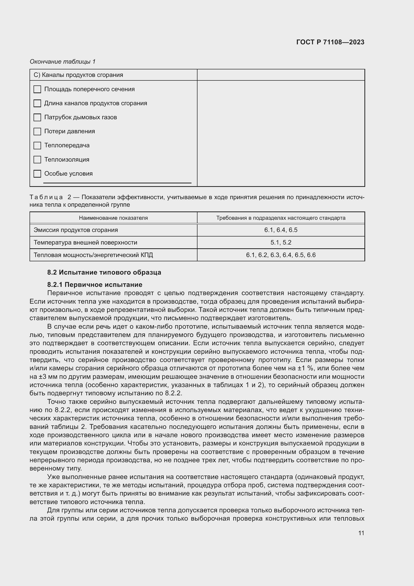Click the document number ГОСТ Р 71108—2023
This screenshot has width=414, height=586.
tap(330, 42)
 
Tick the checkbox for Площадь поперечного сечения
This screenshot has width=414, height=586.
tap(37, 89)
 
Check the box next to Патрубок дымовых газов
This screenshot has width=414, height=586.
tap(37, 118)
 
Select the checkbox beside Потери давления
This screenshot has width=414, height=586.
tap(37, 132)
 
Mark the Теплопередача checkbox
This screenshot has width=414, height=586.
tap(37, 146)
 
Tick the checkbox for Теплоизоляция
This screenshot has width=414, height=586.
tap(37, 160)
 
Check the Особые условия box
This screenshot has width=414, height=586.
tap(37, 174)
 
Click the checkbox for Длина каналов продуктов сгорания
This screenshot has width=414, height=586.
tap(37, 103)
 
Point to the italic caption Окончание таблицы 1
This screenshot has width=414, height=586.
tap(63, 62)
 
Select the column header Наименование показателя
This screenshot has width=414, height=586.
tap(113, 218)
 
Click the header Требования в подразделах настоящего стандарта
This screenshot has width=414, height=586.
tap(281, 218)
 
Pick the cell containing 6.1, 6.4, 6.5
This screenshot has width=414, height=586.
tap(281, 230)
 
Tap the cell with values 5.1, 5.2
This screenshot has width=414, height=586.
tap(281, 243)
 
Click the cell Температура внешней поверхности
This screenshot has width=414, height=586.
tap(85, 243)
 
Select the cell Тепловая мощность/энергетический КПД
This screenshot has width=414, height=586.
tap(93, 255)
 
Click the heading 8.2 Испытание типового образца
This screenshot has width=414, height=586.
tap(104, 272)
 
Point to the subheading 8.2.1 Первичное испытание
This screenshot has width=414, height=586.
tap(95, 285)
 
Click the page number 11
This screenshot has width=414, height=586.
tap(361, 533)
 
